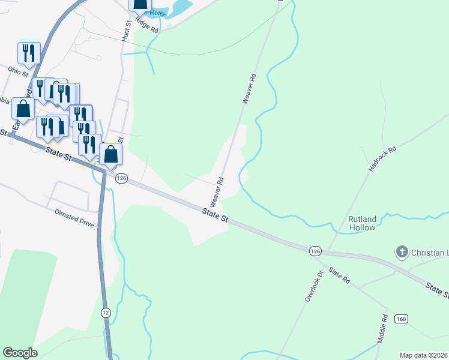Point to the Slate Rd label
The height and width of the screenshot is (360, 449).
pyautogui.click(x=339, y=277)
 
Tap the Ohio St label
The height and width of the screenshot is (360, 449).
pyautogui.click(x=18, y=72)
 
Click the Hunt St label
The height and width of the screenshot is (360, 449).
pyautogui.click(x=127, y=31)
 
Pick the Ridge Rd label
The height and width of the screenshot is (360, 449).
pyautogui.click(x=146, y=25)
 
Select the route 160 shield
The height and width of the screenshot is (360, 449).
pyautogui.click(x=401, y=319)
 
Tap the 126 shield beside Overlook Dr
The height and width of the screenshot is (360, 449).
pyautogui.click(x=315, y=250)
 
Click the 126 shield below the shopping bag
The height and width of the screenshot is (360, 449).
pyautogui.click(x=121, y=178)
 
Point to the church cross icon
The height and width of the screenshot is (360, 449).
pyautogui.click(x=402, y=253)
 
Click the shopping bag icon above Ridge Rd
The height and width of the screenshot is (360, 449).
pyautogui.click(x=140, y=5)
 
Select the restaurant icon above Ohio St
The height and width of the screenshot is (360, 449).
pyautogui.click(x=29, y=53)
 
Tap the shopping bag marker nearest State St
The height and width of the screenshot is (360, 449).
pyautogui.click(x=111, y=154)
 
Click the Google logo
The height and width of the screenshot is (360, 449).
pyautogui.click(x=20, y=353)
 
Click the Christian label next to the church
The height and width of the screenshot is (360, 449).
pyautogui.click(x=429, y=253)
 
